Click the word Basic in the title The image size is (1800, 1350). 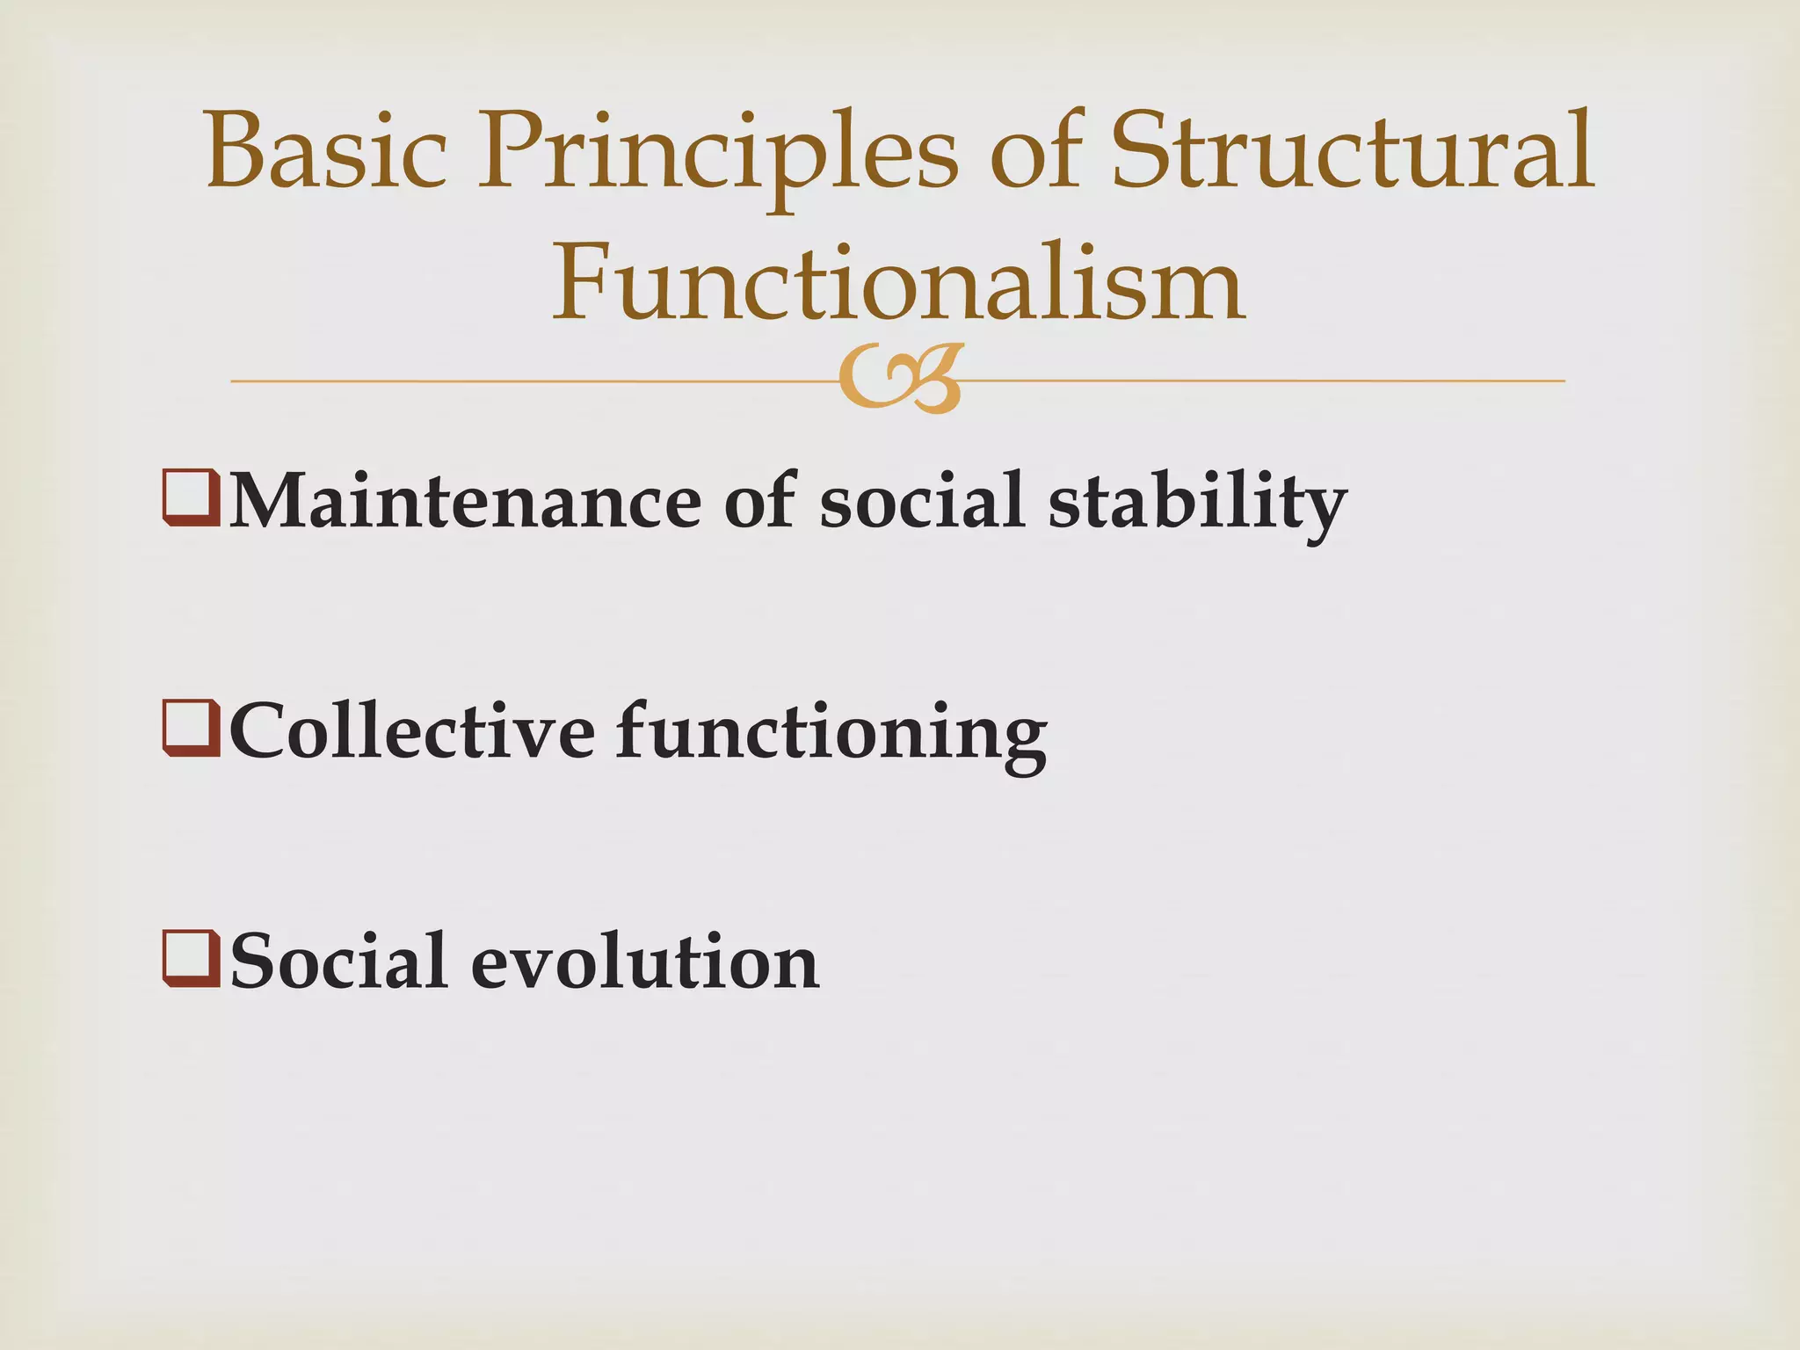[x=326, y=151]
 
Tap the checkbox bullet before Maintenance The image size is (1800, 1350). [x=191, y=498]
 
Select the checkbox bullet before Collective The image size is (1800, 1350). [x=191, y=728]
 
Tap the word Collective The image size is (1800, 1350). [x=411, y=731]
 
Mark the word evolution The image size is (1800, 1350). [x=644, y=961]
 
